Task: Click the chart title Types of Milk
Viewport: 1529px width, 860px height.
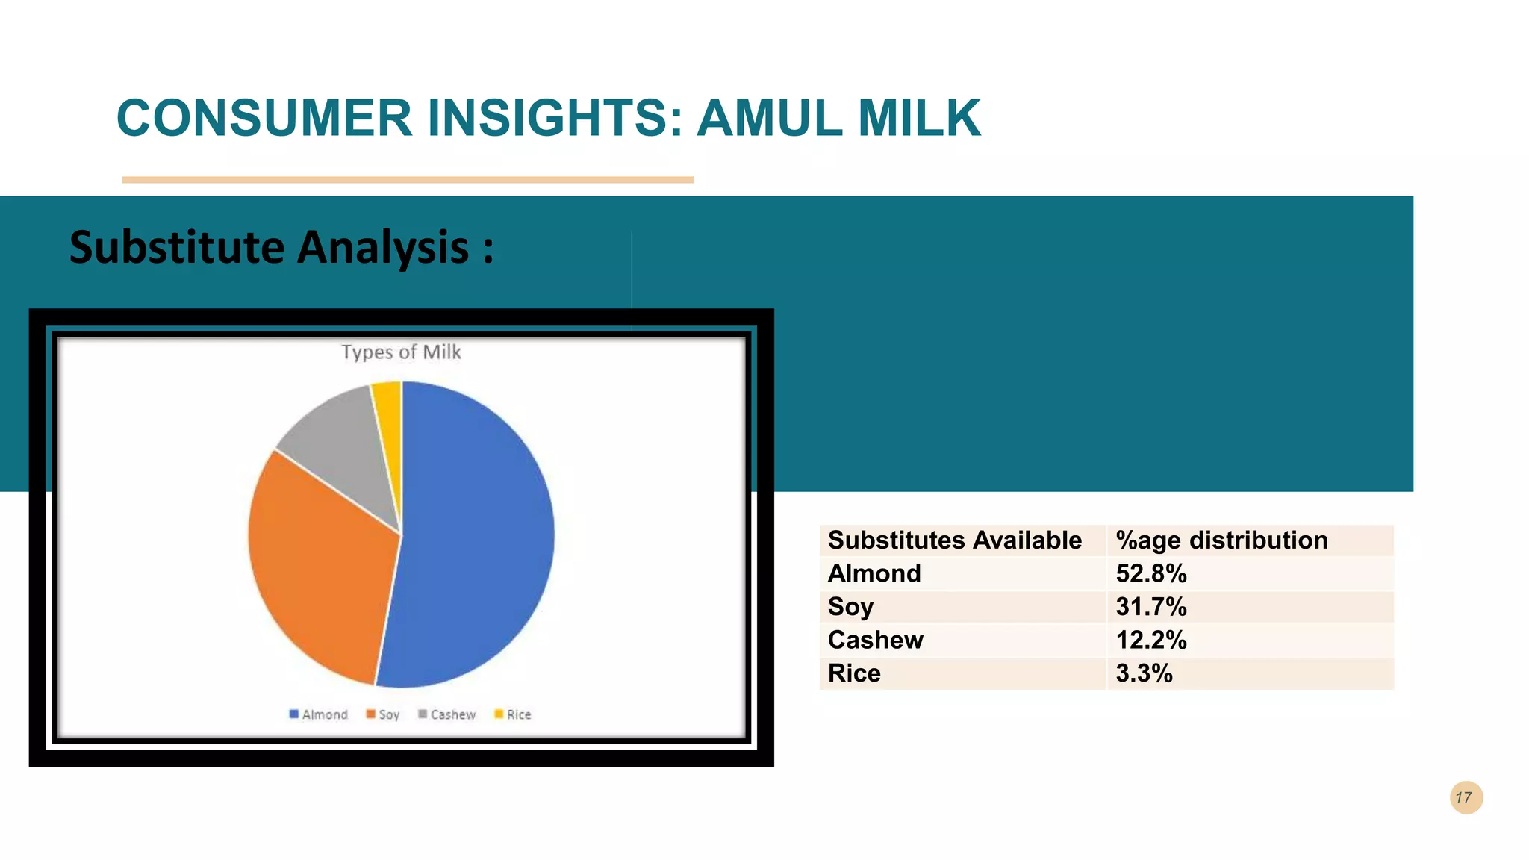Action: click(x=401, y=352)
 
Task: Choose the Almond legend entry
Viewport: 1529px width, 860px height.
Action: click(x=319, y=714)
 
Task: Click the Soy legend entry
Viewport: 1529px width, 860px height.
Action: click(x=383, y=714)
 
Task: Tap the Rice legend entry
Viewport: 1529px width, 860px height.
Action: click(x=513, y=714)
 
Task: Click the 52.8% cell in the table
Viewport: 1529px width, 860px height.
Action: click(x=1150, y=573)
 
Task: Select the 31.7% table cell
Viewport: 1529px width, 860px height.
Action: click(x=1150, y=606)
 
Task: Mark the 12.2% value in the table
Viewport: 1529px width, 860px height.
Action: click(x=1150, y=640)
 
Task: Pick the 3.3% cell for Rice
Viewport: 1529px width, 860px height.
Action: click(x=1144, y=673)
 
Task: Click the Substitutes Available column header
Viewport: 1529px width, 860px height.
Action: click(x=954, y=540)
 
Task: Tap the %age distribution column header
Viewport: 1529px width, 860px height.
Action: click(x=1221, y=540)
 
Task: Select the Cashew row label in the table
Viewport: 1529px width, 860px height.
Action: click(x=875, y=640)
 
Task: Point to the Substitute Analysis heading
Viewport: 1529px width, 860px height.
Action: click(x=281, y=247)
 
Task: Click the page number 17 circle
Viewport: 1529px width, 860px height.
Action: click(x=1466, y=797)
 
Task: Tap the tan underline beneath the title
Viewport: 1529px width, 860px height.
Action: click(x=408, y=180)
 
